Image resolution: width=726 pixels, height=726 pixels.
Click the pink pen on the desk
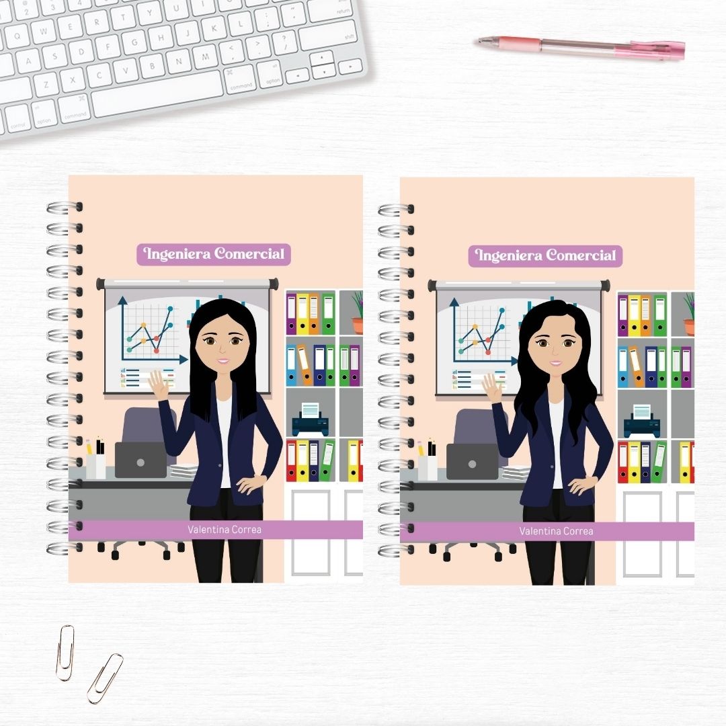(x=581, y=48)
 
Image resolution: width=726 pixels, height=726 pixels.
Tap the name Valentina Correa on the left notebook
(x=225, y=530)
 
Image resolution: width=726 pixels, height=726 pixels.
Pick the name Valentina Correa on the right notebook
(x=556, y=532)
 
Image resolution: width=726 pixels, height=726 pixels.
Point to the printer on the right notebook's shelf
(x=642, y=421)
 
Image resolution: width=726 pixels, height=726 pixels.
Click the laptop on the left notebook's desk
(x=140, y=460)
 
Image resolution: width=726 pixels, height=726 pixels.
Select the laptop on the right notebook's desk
(x=473, y=462)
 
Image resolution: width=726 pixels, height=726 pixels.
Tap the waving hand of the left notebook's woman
(x=159, y=386)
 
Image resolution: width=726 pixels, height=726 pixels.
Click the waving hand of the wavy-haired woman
(x=491, y=388)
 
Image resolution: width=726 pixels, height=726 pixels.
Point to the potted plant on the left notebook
(x=357, y=312)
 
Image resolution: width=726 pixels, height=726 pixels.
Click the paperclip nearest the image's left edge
(x=65, y=653)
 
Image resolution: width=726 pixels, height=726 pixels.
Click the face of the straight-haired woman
(x=223, y=344)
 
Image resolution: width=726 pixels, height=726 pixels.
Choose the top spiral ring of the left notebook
(x=65, y=208)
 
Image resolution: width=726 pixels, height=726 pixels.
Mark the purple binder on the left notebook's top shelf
(x=291, y=314)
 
